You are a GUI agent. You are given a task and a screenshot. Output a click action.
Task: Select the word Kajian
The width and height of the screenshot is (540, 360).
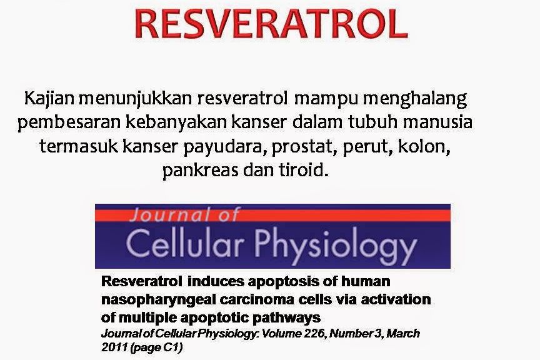(46, 99)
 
